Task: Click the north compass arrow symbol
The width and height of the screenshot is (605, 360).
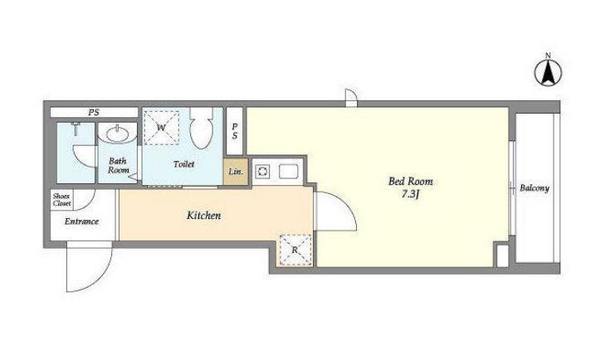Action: click(x=548, y=72)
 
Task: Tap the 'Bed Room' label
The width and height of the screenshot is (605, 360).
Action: click(x=410, y=181)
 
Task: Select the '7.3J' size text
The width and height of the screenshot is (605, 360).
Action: click(x=410, y=194)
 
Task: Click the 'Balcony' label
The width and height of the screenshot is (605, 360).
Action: click(x=534, y=188)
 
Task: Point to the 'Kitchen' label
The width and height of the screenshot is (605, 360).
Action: click(x=203, y=216)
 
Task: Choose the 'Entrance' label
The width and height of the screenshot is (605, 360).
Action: click(x=81, y=221)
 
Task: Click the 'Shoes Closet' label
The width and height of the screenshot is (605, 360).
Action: click(x=61, y=199)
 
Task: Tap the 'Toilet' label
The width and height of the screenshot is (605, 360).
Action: click(x=183, y=164)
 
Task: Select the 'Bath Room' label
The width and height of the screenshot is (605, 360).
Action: click(x=118, y=166)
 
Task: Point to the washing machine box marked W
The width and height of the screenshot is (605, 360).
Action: click(x=161, y=128)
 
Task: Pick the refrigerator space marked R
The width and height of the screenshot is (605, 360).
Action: click(x=295, y=250)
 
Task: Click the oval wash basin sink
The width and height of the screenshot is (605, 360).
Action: click(x=118, y=134)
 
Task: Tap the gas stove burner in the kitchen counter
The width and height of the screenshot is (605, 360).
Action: click(x=263, y=172)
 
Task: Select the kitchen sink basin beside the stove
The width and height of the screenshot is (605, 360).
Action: click(x=288, y=172)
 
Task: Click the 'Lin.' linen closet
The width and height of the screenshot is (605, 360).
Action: click(x=236, y=172)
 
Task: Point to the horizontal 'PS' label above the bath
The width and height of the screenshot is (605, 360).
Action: click(x=94, y=112)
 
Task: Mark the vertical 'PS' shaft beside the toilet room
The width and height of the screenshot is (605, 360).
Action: click(x=235, y=131)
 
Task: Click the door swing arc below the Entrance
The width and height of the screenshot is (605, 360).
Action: click(x=89, y=266)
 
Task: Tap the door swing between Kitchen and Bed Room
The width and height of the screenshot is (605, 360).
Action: click(x=335, y=211)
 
